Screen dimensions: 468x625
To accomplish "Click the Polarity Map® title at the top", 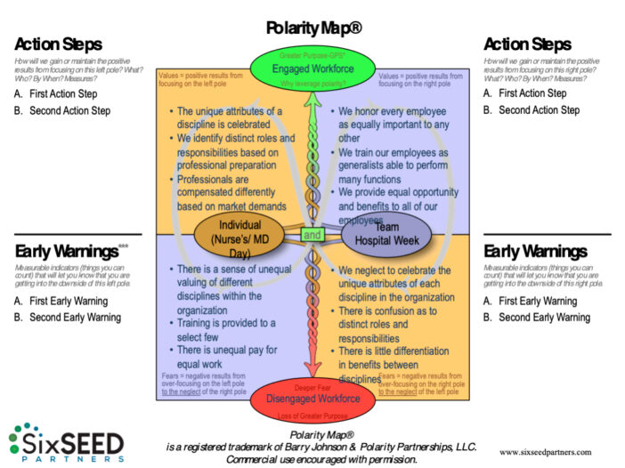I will tap(313, 28).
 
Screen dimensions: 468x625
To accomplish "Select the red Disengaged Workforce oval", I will tap(313, 398).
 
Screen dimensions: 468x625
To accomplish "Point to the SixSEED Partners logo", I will tap(66, 442).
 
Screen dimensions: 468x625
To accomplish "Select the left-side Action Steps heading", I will tap(58, 44).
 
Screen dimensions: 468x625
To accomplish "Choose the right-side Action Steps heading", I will tap(527, 44).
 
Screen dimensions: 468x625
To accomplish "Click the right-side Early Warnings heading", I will tap(534, 251).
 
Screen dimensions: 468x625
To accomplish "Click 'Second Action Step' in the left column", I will tap(69, 111).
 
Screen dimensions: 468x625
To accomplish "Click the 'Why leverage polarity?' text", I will tap(312, 85).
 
